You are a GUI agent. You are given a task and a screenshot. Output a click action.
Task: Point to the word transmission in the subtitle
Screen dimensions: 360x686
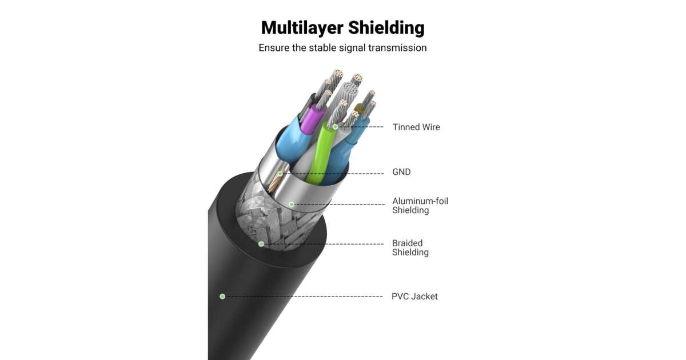tap(397, 48)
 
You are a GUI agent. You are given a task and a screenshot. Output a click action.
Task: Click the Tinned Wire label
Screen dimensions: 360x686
tap(416, 127)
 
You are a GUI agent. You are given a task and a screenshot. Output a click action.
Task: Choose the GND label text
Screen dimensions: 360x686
tap(401, 172)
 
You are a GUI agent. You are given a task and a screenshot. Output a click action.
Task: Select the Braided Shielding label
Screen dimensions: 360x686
tap(410, 248)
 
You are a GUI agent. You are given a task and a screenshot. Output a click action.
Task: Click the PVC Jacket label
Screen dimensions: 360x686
tap(414, 297)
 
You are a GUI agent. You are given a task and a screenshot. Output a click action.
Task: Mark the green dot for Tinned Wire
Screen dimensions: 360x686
tap(336, 127)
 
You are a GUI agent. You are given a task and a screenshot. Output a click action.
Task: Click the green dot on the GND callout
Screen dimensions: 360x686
tap(280, 173)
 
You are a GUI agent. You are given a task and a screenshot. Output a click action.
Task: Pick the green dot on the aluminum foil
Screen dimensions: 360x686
tap(291, 204)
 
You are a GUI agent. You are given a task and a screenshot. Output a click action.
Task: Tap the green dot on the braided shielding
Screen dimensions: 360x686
tap(261, 244)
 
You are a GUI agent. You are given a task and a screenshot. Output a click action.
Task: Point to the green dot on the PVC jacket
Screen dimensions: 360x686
tap(222, 296)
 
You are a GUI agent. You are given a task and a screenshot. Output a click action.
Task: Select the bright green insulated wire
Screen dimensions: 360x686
tap(320, 154)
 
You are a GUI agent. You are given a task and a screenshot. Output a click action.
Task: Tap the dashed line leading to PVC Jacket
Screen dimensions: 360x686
tap(303, 297)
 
